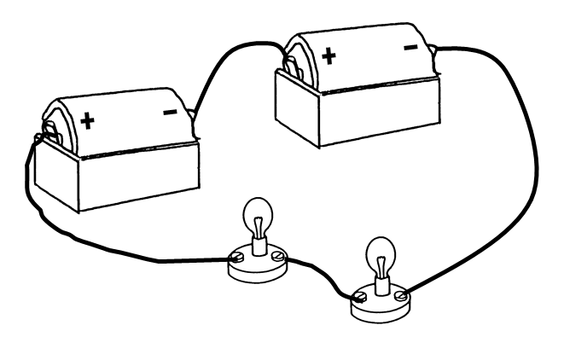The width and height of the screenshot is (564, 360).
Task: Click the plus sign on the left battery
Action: pyautogui.click(x=87, y=121)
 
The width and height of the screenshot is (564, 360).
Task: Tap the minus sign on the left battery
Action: pyautogui.click(x=170, y=112)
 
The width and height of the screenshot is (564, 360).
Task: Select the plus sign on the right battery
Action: pyautogui.click(x=329, y=58)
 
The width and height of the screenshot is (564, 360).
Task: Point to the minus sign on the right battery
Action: pyautogui.click(x=410, y=47)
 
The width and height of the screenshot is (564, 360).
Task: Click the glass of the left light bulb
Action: pyautogui.click(x=256, y=213)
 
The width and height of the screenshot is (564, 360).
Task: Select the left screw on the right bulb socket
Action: pyautogui.click(x=361, y=296)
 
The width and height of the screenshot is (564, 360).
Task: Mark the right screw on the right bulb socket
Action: pyautogui.click(x=398, y=294)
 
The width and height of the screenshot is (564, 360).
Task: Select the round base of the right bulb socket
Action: pyautogui.click(x=380, y=309)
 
